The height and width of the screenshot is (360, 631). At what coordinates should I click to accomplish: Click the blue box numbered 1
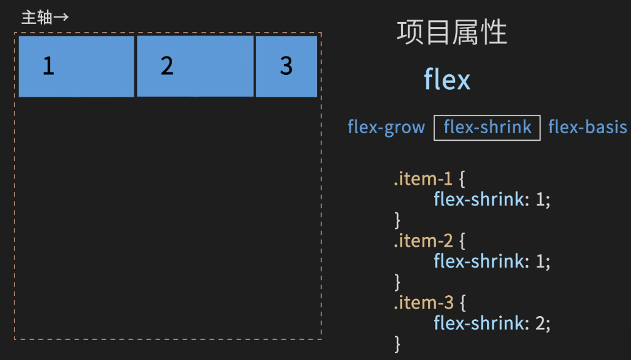(76, 66)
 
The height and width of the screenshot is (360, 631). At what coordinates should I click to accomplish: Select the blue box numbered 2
(195, 66)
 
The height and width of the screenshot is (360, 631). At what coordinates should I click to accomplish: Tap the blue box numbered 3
(286, 66)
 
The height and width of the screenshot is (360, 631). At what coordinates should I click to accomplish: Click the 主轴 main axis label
(36, 17)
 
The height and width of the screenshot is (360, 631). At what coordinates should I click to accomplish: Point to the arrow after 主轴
(61, 17)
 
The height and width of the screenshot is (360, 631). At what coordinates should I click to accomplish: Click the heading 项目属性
(451, 32)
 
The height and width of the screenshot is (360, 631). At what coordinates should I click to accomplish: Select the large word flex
(447, 80)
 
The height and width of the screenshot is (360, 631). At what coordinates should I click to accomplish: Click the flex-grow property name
(386, 127)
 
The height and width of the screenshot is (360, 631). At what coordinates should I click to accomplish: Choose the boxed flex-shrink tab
(487, 127)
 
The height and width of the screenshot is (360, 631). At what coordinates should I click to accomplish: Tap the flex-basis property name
(588, 127)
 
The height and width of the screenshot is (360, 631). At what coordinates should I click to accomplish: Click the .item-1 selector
(423, 179)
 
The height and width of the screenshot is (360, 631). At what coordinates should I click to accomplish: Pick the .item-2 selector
(424, 241)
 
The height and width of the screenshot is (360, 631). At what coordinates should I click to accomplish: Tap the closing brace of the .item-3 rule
(397, 343)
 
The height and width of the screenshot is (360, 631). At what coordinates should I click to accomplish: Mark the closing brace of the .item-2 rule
(397, 281)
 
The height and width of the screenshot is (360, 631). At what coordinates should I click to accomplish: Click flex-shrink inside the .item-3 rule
(478, 323)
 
